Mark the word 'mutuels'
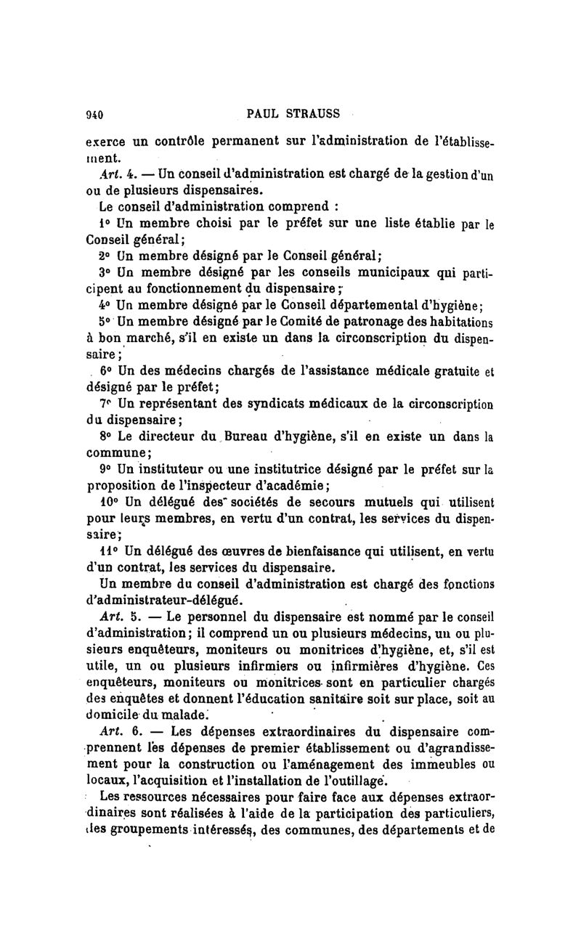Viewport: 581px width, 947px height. coord(399,504)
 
